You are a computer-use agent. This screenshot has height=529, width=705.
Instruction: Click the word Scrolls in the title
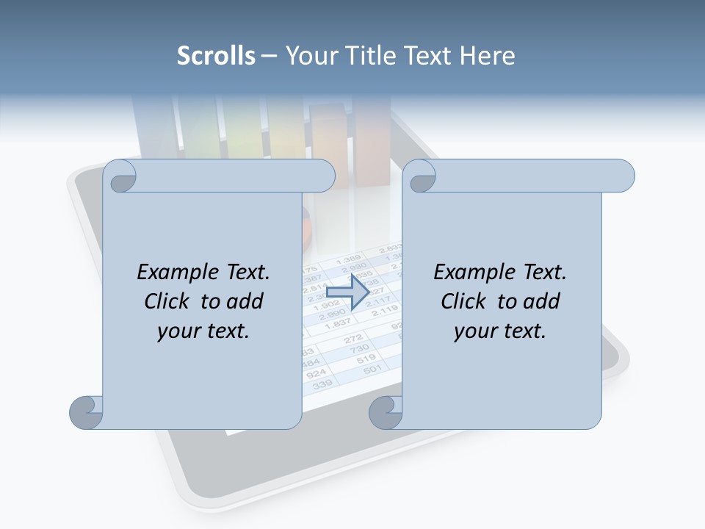pyautogui.click(x=216, y=56)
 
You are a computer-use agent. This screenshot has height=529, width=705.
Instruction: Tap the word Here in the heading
pyautogui.click(x=487, y=56)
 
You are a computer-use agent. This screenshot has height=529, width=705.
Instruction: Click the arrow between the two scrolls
pyautogui.click(x=347, y=292)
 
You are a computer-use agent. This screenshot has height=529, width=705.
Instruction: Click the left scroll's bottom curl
pyautogui.click(x=87, y=412)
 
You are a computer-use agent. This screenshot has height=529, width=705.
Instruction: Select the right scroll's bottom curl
pyautogui.click(x=386, y=412)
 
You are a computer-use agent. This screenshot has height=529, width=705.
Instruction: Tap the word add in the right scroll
pyautogui.click(x=543, y=301)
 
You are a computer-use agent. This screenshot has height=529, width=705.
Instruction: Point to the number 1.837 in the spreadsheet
pyautogui.click(x=337, y=324)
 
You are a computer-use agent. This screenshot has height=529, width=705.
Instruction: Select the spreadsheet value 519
pyautogui.click(x=366, y=359)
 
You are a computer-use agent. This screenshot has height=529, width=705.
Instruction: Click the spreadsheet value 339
pyautogui.click(x=322, y=384)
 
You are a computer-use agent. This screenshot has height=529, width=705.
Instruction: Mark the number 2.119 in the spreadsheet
pyautogui.click(x=386, y=312)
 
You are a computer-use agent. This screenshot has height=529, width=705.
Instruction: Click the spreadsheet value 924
pyautogui.click(x=315, y=373)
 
